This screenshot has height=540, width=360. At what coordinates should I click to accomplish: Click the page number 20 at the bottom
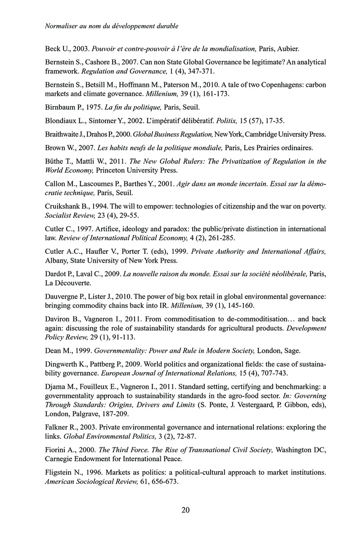click(185, 510)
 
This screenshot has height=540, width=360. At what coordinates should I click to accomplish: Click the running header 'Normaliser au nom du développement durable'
click(112, 26)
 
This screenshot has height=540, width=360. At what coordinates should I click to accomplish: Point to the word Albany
click(57, 260)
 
